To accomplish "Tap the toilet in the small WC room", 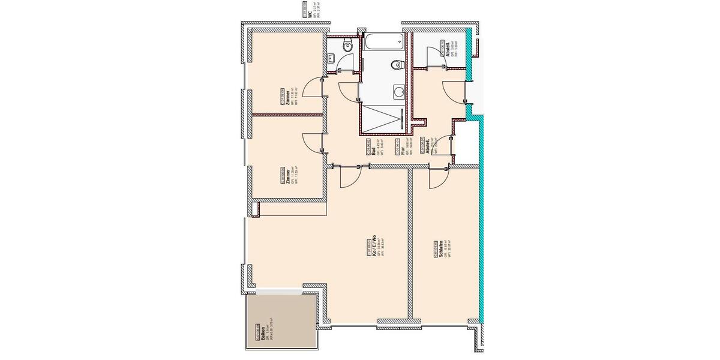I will click(x=347, y=46).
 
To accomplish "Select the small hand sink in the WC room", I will click(x=332, y=58).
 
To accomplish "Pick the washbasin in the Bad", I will click(x=398, y=91).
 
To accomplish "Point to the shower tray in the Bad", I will click(x=383, y=119).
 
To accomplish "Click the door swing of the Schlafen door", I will click(x=437, y=179).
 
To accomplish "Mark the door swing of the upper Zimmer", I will click(x=311, y=89).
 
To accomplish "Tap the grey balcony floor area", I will click(x=282, y=321).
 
